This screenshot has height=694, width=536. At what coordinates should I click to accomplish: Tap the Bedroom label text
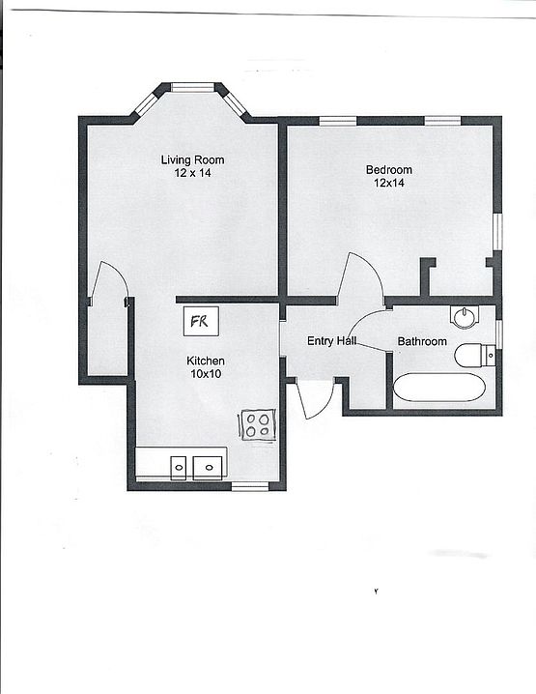coord(388,170)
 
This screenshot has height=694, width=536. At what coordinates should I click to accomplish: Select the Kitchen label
coord(206,361)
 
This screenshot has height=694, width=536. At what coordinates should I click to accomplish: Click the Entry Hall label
coord(332,341)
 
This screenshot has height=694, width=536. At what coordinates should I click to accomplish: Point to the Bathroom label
coord(422,341)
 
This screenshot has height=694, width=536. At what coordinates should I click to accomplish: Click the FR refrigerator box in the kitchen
coord(201,320)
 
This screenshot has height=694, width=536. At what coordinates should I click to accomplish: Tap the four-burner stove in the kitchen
coord(257,424)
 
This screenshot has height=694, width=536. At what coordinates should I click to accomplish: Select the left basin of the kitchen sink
coord(179,468)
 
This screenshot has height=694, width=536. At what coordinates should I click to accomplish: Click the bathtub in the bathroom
coord(438,389)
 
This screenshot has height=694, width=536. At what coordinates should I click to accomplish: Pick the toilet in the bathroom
coord(474,355)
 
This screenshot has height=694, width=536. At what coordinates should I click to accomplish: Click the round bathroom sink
coord(465,316)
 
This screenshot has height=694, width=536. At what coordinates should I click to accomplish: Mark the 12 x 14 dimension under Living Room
coord(192,173)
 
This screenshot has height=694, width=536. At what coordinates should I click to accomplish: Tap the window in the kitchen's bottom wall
coord(249,486)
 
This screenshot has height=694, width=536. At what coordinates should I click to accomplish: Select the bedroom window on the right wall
coord(497,232)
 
